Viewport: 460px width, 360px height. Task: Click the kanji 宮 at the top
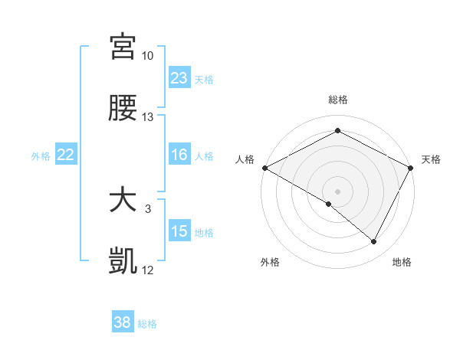tap(123, 47)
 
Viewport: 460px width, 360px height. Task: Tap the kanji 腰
tap(123, 109)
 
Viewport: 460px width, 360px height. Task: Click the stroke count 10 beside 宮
tap(148, 56)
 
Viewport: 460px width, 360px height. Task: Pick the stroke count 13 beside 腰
tap(148, 117)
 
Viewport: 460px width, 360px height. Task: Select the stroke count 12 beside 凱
tap(148, 270)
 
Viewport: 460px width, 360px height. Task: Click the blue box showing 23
tap(179, 78)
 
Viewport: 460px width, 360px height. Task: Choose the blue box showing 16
tap(179, 155)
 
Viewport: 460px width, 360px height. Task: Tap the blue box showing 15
tap(179, 231)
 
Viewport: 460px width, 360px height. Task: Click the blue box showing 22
tap(66, 155)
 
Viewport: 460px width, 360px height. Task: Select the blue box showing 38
tap(123, 322)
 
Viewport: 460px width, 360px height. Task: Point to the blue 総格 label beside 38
tap(147, 324)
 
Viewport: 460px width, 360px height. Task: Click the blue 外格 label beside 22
tap(41, 156)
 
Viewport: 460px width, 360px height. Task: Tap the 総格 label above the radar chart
tap(337, 100)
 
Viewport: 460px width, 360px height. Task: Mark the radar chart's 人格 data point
tap(264, 167)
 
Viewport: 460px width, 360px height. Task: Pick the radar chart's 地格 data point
tap(374, 242)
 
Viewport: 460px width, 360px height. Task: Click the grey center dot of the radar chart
tap(337, 191)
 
